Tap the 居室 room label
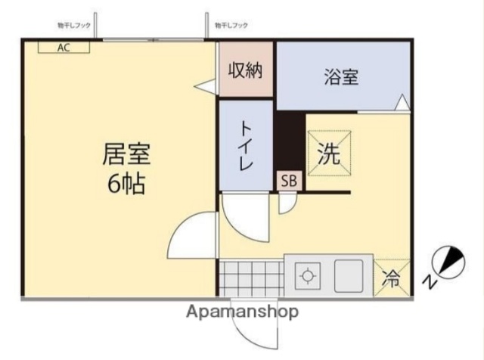[126, 154]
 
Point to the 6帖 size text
[126, 184]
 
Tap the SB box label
[288, 180]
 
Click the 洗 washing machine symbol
[328, 154]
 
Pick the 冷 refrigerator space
[392, 276]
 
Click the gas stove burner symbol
[308, 275]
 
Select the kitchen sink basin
[349, 275]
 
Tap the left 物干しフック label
[73, 26]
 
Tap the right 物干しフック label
[231, 26]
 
